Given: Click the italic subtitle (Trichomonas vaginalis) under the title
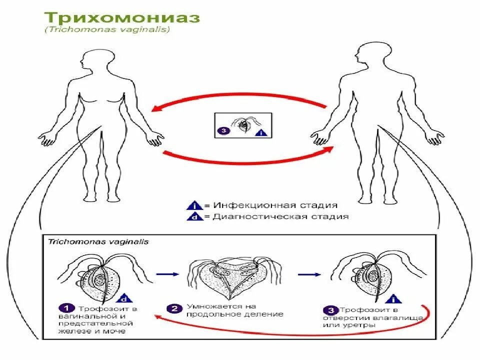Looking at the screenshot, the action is pos(108,30).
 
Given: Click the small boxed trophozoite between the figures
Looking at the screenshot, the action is pos(244,124).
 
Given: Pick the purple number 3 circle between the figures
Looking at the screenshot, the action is pos(223,131).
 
